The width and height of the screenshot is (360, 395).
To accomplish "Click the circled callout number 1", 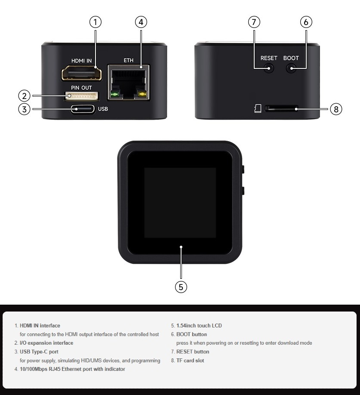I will pos(95,22).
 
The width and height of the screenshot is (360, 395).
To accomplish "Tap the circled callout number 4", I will pos(141,22).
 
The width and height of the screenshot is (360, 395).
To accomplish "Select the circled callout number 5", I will pos(181,287).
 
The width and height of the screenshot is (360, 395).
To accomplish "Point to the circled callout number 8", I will pos(336,109).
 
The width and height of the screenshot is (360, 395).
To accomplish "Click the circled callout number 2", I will pos(25,96).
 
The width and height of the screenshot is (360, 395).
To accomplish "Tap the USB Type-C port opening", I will pos(83,109).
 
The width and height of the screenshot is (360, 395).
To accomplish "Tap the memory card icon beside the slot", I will pos(258,108).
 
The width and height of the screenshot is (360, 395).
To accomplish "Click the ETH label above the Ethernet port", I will pos(129,60).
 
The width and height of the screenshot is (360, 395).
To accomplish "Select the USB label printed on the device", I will pos(103,109).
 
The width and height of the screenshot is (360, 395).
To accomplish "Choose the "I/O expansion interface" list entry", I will pos(46,343).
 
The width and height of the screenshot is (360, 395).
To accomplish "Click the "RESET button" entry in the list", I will pos(193,352).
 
